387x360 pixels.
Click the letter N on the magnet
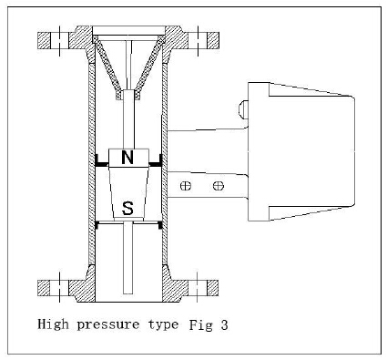(127, 158)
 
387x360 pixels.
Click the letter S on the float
(127, 208)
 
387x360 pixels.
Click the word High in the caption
(53, 324)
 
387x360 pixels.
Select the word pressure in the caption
(108, 325)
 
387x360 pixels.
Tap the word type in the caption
(163, 325)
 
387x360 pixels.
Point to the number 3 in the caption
(224, 324)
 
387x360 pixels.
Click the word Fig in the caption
(200, 324)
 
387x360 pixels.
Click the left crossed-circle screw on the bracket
(186, 186)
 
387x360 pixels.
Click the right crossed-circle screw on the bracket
(219, 186)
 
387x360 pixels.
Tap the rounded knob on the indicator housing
(243, 109)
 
